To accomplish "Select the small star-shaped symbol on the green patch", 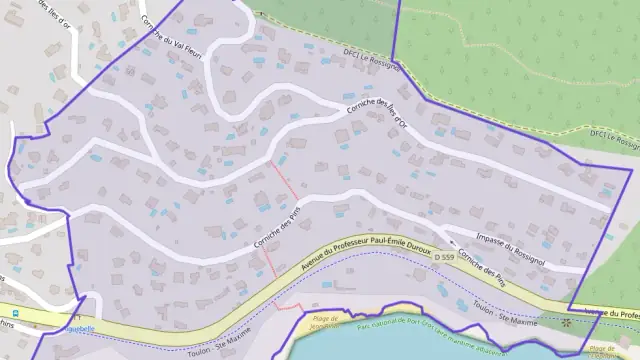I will click(568, 322).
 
